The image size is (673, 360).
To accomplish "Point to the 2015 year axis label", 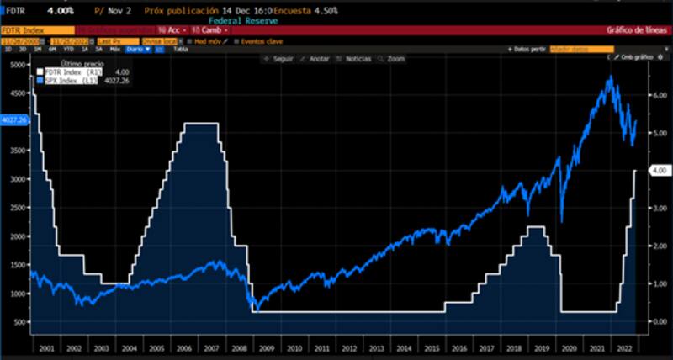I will click(433, 347).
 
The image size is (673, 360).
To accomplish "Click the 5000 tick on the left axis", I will click(17, 65).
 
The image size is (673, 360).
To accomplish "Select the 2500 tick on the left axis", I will click(17, 208).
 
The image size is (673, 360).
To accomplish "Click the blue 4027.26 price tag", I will click(14, 119).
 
